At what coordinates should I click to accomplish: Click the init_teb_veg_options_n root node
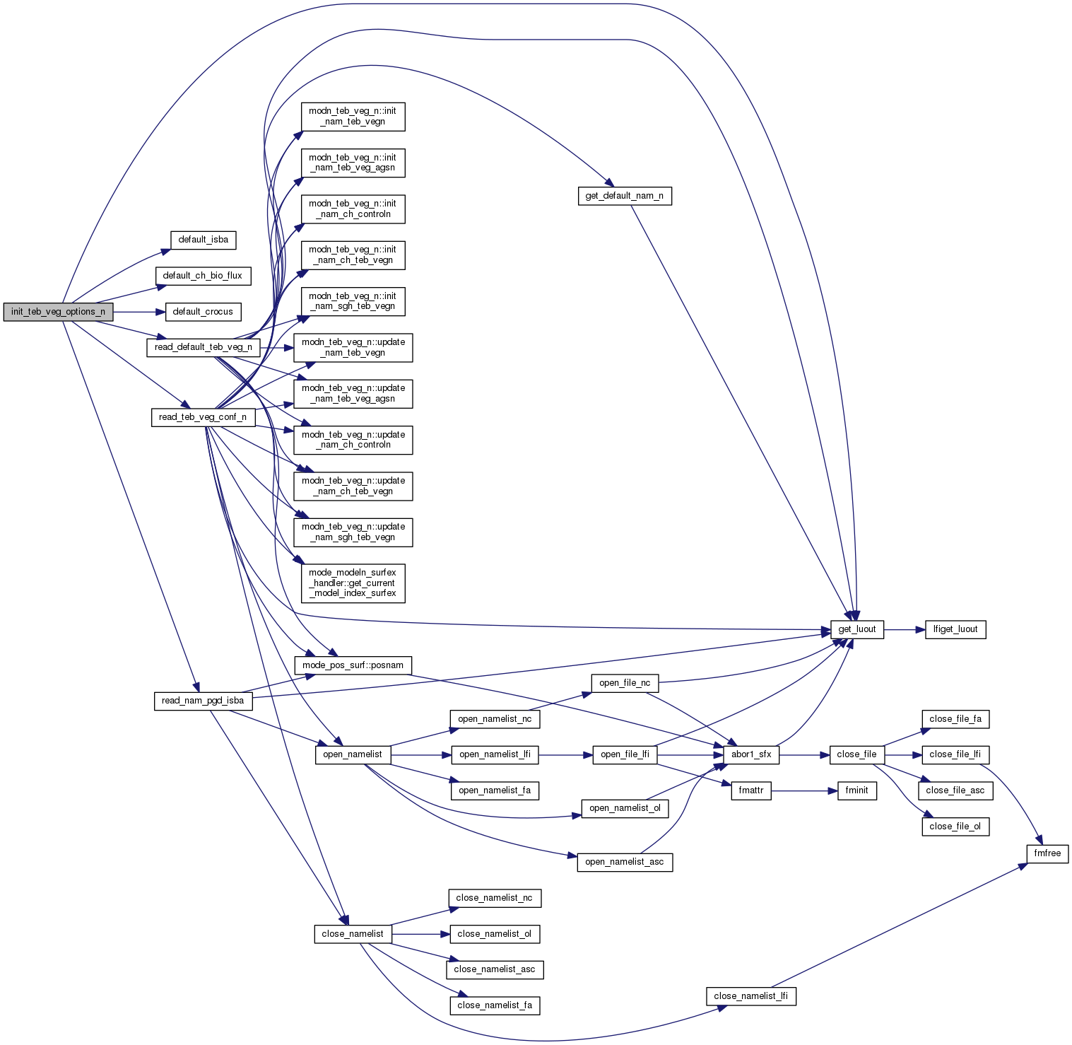[x=58, y=312]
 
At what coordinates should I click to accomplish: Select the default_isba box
[x=203, y=240]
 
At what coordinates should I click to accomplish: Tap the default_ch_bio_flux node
[x=203, y=276]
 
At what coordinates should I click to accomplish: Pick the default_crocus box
[x=203, y=312]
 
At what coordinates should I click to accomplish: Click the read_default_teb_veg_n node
[x=203, y=347]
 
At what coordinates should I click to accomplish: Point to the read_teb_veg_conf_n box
[x=203, y=417]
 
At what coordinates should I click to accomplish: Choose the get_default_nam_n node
[x=624, y=196]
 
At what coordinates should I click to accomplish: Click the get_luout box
[x=856, y=629]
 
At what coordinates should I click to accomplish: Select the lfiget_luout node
[x=955, y=629]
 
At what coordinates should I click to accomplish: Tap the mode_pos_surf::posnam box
[x=353, y=665]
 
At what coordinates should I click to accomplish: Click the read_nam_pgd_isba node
[x=203, y=701]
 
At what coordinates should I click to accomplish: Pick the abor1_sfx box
[x=751, y=754]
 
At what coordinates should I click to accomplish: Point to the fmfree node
[x=1047, y=853]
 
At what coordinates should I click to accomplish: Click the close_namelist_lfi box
[x=750, y=996]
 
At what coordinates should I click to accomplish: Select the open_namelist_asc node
[x=625, y=862]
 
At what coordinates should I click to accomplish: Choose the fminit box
[x=856, y=790]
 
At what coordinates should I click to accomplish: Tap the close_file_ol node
[x=955, y=827]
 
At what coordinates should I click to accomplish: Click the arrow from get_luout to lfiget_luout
[x=905, y=629]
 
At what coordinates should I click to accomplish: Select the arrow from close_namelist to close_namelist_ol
[x=420, y=934]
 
